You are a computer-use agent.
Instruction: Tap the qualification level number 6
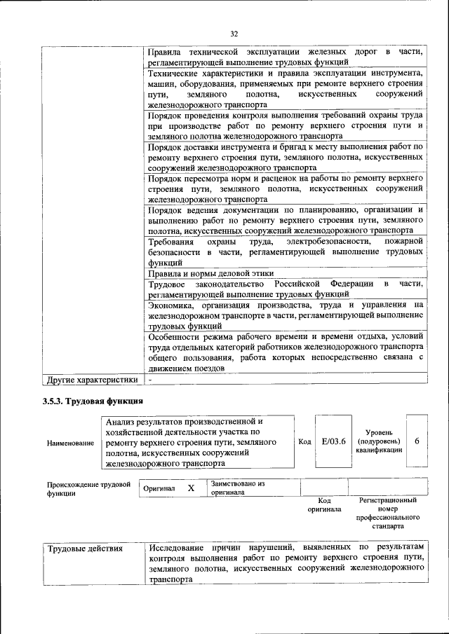417,442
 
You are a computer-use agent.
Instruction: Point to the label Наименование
70,443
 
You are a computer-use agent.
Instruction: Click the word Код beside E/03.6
304,442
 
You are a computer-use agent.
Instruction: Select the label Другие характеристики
91,379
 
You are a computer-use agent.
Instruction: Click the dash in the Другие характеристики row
150,379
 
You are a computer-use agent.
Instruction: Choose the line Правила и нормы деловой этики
211,273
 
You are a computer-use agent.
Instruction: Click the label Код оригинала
324,505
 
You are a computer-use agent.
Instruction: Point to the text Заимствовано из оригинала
236,488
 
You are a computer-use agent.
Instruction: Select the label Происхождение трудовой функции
88,488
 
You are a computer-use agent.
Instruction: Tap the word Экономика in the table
172,305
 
